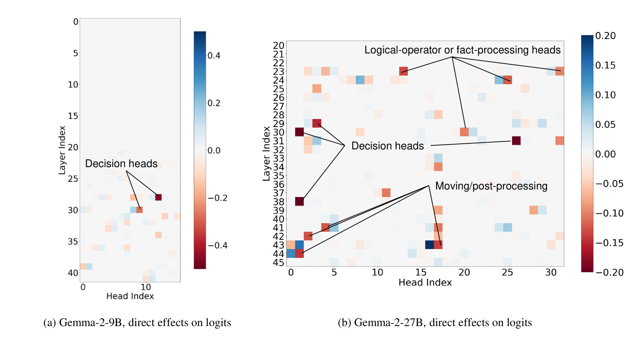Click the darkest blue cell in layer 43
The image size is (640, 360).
coord(429,245)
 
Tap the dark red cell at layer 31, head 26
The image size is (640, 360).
coord(516,141)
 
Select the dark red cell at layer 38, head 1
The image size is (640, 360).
coord(299,201)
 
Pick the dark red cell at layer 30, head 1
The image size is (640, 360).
coord(299,132)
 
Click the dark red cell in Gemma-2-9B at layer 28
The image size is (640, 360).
coord(158,197)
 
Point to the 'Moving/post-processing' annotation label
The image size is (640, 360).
coord(491,186)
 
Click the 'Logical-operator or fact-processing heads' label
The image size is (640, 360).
coord(462,50)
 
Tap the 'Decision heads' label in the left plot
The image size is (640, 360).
coord(121,164)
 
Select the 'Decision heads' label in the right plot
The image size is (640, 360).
coord(388,146)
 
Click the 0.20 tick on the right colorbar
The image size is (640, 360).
coord(605,36)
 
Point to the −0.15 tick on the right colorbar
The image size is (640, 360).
coord(609,243)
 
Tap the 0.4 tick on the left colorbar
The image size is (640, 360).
coord(214,56)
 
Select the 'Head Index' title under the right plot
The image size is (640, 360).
coord(425,283)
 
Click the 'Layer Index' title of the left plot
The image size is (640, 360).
coord(62,150)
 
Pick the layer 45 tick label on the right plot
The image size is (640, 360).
coord(279,262)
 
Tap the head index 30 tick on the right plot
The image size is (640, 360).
coord(551,273)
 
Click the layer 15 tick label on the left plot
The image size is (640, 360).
coord(73,116)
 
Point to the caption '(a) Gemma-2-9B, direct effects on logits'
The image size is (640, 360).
coord(137,323)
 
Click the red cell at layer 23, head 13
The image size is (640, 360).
coord(403,71)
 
